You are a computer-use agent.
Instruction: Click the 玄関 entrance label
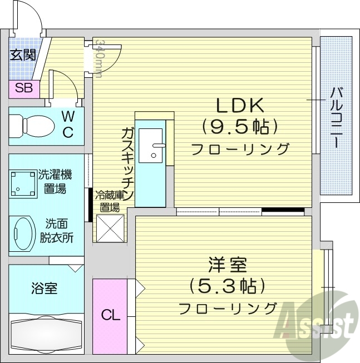coord(23,54)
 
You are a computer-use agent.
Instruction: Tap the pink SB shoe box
coord(23,87)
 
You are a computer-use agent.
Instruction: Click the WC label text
coord(67,124)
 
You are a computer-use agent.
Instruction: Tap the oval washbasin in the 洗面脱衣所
coord(24,232)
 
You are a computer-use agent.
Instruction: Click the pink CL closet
coord(110,315)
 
